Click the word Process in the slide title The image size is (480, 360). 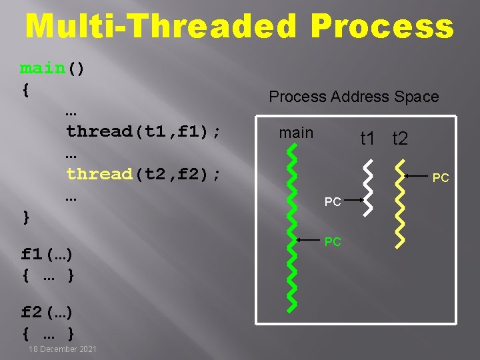coord(382,27)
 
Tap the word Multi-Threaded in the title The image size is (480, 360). coord(161,27)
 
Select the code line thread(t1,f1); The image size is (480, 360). coord(143,131)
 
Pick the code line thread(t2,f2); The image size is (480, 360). coord(143,174)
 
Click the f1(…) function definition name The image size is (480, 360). coord(47,254)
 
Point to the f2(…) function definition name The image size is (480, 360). coord(47,311)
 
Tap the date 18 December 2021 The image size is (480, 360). coord(63,349)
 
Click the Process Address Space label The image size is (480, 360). coord(353,97)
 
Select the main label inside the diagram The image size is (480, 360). coord(296,133)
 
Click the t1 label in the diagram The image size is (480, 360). coord(368,139)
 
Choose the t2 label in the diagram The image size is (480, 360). coord(400,139)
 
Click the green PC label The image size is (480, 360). coord(333,241)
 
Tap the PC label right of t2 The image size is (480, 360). coord(441,178)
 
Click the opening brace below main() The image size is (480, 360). coord(25,90)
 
